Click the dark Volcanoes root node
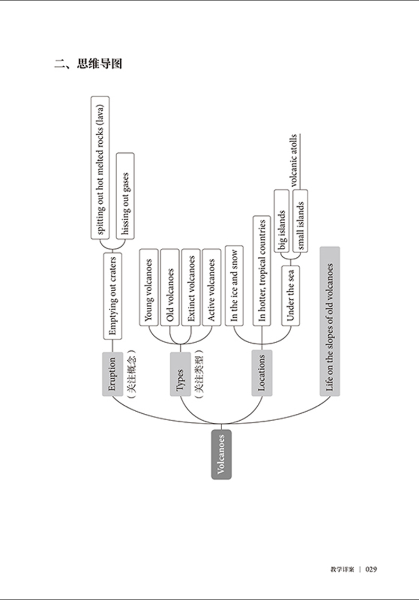(221, 455)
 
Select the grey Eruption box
(112, 373)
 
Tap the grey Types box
(180, 373)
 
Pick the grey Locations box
(261, 373)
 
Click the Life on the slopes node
(330, 321)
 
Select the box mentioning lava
(100, 167)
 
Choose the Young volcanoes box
(149, 286)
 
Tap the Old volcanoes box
(170, 286)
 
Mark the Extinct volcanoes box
(191, 286)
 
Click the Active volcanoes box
(212, 286)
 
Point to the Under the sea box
(290, 295)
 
